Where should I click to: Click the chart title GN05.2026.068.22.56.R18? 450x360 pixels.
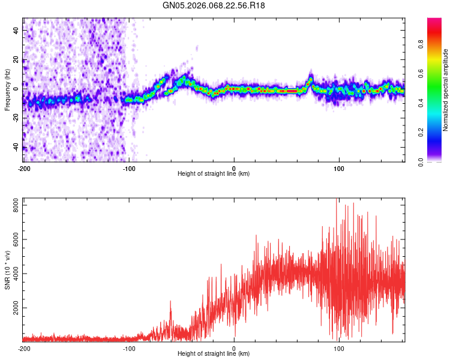(x=214, y=5)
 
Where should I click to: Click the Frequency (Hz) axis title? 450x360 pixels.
(x=7, y=89)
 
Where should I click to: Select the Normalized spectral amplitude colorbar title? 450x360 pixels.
(x=446, y=90)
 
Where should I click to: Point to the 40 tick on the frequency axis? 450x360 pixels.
(x=17, y=30)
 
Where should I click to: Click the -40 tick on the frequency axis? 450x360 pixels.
(x=16, y=148)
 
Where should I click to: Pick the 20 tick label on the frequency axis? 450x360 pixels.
(x=17, y=59)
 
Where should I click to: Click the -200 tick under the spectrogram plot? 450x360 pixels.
(x=23, y=168)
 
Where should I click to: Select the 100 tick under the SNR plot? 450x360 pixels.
(x=339, y=348)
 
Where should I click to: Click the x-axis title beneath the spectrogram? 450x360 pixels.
(x=214, y=174)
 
